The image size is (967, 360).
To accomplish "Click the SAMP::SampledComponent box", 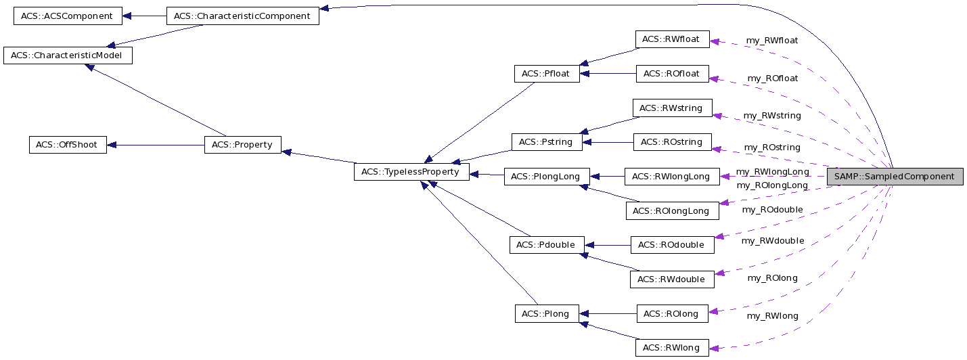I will point(895,177).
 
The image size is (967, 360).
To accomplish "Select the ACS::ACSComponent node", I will point(68,16).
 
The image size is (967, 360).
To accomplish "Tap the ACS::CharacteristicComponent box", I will point(242,16).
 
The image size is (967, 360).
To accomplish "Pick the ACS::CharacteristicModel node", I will point(68,55).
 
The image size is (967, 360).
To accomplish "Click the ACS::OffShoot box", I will point(68,145).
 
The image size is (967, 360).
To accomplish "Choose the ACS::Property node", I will point(243,145).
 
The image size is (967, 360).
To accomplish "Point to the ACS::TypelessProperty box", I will point(411,172).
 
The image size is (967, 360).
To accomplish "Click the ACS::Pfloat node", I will point(547,73).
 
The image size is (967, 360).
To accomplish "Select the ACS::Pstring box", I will point(547,142).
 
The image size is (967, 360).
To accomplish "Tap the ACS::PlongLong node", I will point(547,177).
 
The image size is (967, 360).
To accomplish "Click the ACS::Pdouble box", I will point(546,245).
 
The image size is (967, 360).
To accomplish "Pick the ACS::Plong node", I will point(547,313).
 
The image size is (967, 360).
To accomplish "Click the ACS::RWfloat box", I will point(672,39).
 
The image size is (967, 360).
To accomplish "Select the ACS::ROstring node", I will point(672,142).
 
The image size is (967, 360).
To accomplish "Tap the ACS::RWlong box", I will point(672,348).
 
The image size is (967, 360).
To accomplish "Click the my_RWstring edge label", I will point(772,116).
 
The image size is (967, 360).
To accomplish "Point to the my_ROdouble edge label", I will point(772,210).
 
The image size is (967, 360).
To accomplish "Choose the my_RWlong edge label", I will point(772,316).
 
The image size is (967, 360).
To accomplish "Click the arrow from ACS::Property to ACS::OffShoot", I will point(156,145).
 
